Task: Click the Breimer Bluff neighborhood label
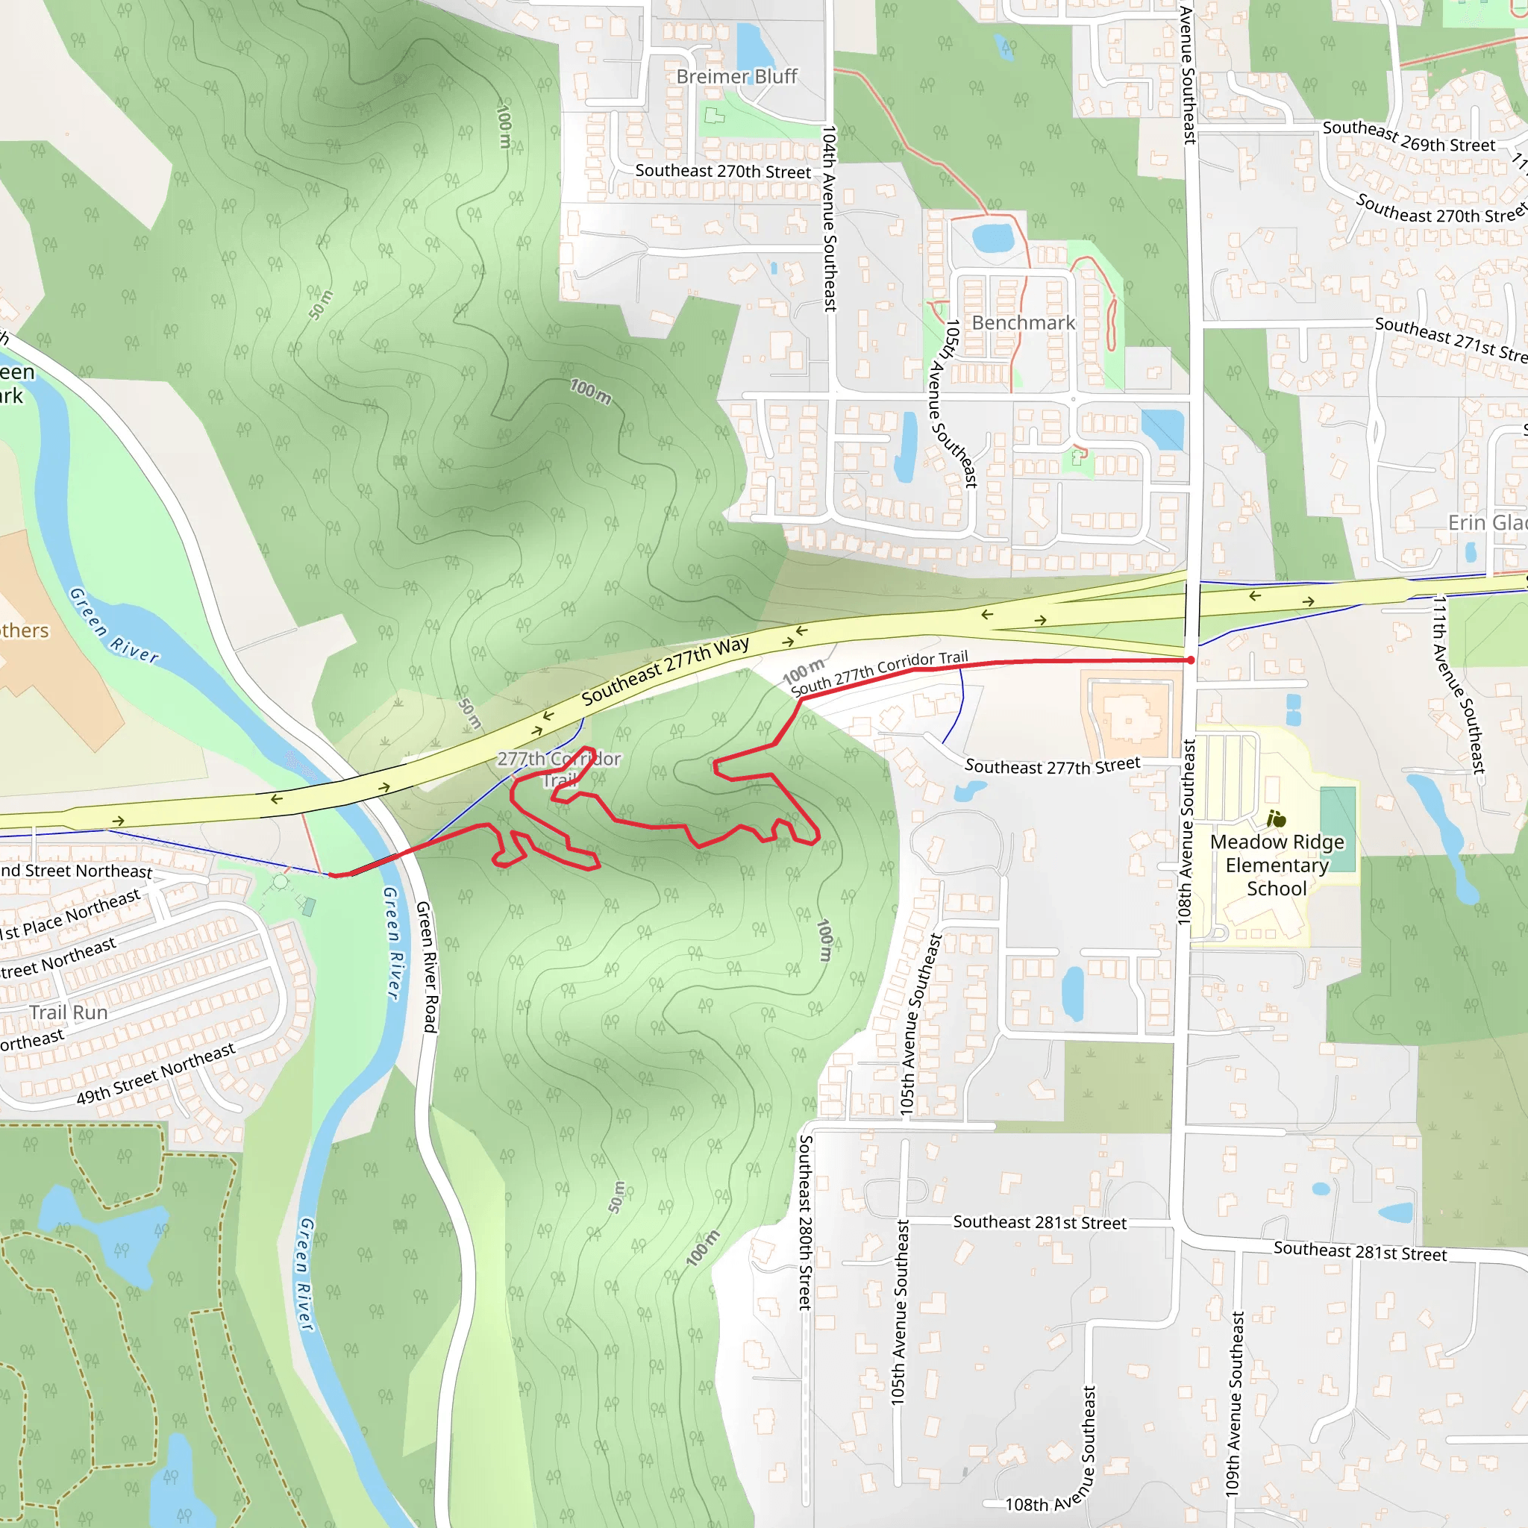pos(736,77)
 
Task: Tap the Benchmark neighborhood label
pos(1024,322)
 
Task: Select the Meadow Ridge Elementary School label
pos(1277,865)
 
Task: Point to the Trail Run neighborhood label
pos(69,1012)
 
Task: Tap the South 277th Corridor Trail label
pos(880,672)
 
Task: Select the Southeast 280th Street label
pos(805,1222)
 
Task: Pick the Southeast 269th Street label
pos(1409,136)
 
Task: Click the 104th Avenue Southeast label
pos(829,219)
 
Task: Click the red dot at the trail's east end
pos(1191,660)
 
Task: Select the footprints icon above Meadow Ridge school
pos(1276,818)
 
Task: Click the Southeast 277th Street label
pos(1052,765)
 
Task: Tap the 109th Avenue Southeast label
pos(1235,1403)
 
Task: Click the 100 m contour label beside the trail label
pos(803,671)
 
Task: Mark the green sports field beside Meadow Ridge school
pos(1338,829)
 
